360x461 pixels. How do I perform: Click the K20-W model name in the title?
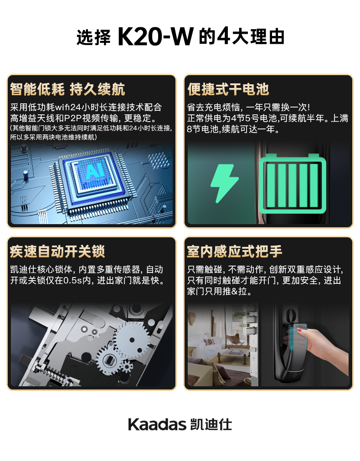155,37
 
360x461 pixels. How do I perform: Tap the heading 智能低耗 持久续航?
67,89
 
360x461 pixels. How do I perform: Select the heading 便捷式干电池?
228,89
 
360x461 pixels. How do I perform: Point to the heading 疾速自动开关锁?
57,251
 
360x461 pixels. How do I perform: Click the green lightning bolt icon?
224,183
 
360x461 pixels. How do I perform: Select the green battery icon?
292,184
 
